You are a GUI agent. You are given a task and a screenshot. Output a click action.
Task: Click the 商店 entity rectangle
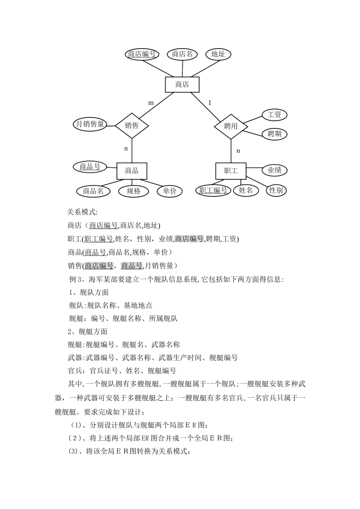click(x=182, y=84)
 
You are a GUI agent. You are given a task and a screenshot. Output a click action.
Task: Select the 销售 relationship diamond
click(x=132, y=125)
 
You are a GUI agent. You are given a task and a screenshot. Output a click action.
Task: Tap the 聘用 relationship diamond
click(x=231, y=126)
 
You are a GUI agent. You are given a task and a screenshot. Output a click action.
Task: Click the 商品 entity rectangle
click(x=131, y=171)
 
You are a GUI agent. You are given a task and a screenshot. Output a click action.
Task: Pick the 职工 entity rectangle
click(x=230, y=171)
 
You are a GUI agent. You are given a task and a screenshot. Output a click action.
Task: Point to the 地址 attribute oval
click(x=218, y=54)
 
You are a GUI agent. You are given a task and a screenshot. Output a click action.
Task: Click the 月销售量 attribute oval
click(x=90, y=124)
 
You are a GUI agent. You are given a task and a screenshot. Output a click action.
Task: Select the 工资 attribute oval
click(x=274, y=114)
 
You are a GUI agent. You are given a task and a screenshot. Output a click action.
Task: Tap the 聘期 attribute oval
click(x=274, y=134)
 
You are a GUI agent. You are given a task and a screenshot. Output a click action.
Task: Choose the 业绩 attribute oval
click(x=274, y=170)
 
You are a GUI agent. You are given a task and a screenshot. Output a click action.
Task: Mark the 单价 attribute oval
click(x=170, y=191)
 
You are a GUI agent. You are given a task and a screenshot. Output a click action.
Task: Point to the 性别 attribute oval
click(x=276, y=190)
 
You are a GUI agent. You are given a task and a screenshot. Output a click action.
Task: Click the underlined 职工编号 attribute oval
click(x=213, y=190)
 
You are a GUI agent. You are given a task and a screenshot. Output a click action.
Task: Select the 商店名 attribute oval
click(x=182, y=54)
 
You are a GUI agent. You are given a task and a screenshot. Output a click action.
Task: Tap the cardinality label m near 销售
click(x=151, y=103)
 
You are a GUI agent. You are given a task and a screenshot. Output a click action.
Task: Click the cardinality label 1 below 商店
click(x=210, y=103)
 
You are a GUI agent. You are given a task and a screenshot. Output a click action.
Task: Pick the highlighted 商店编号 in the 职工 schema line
click(x=189, y=239)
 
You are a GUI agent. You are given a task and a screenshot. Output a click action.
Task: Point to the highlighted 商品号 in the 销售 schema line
click(x=131, y=265)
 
